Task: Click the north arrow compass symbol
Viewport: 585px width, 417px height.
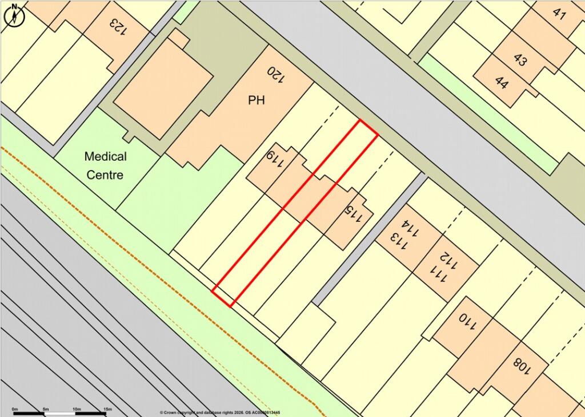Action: [15, 15]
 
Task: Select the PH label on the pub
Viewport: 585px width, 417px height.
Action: [257, 100]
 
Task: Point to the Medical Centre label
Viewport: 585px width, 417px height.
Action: [106, 165]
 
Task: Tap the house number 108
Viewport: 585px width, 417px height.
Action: [522, 366]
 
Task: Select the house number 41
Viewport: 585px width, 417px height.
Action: [559, 14]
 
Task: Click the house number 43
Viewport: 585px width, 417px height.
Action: [520, 59]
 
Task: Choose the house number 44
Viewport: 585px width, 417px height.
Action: [502, 83]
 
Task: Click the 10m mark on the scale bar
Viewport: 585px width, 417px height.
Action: [76, 410]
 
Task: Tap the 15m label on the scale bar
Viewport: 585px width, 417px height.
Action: [107, 410]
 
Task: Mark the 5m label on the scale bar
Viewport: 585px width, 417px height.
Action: [46, 410]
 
